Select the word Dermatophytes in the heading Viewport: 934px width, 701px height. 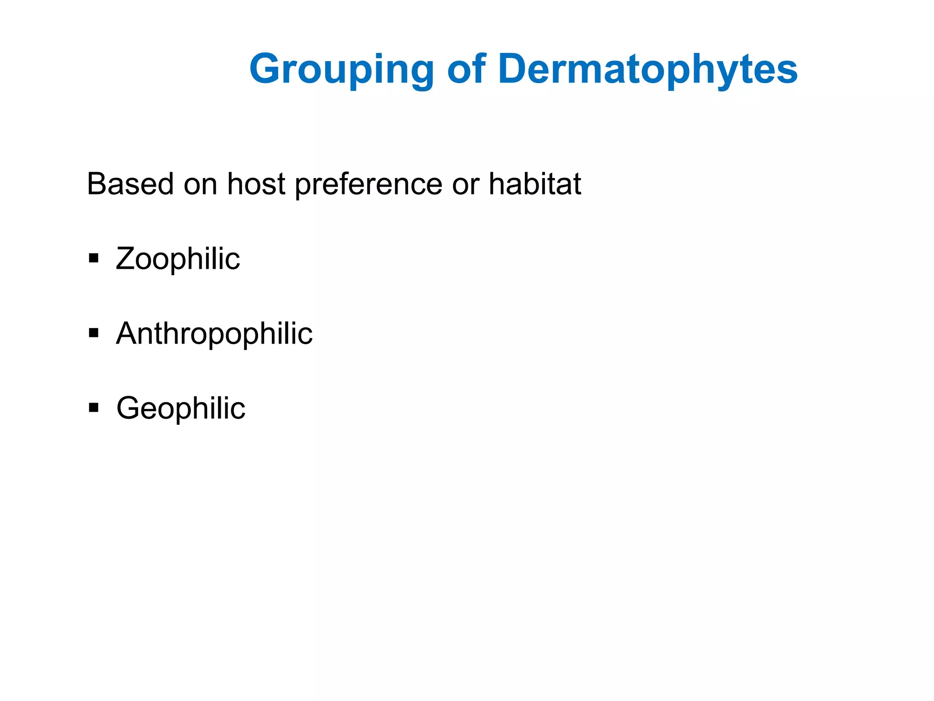(x=648, y=70)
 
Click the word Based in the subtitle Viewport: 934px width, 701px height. (x=130, y=184)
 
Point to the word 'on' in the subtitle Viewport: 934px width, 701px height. (x=200, y=184)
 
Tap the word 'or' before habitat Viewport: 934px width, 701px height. (x=466, y=184)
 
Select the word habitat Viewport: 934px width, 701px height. (x=535, y=184)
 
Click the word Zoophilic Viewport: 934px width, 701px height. (x=178, y=259)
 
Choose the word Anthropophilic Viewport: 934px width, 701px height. (x=214, y=334)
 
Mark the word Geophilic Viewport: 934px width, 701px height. (x=181, y=408)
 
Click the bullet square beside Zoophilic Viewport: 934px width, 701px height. (x=94, y=259)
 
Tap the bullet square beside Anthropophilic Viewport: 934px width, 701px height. (x=94, y=333)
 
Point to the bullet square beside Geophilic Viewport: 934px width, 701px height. (x=94, y=407)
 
